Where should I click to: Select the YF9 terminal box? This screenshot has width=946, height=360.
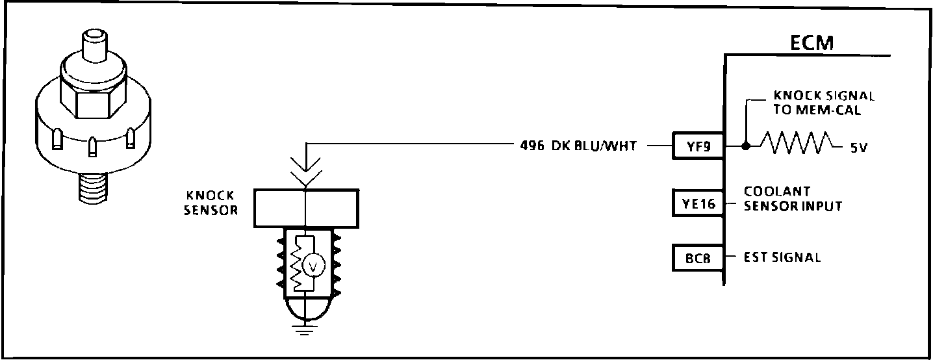point(698,146)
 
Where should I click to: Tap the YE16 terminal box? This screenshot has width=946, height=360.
point(698,203)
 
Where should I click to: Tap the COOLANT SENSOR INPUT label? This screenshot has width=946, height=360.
point(793,199)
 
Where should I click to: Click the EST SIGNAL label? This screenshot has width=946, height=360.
point(782,258)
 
